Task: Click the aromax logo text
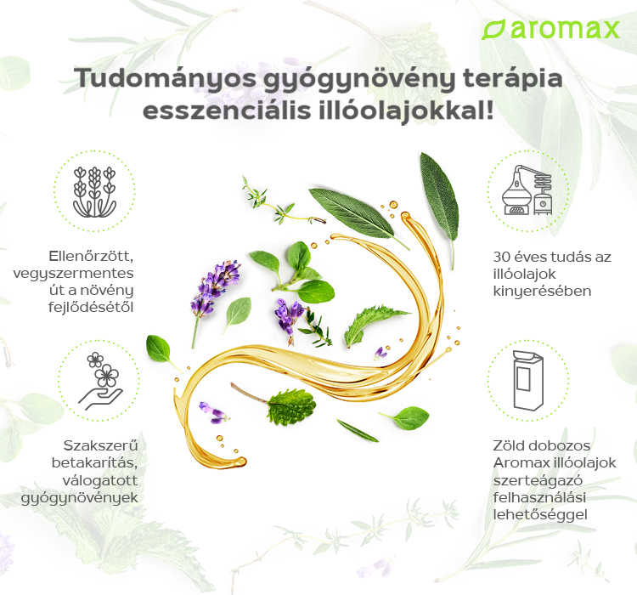564,29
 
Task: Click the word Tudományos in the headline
165,77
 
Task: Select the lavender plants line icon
94,191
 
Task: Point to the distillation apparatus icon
527,190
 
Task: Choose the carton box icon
527,380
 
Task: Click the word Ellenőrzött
91,256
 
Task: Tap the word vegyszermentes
73,274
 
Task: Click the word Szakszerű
101,445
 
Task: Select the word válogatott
100,480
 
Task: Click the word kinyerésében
542,292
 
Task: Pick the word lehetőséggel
540,515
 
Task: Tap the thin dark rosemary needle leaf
358,431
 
